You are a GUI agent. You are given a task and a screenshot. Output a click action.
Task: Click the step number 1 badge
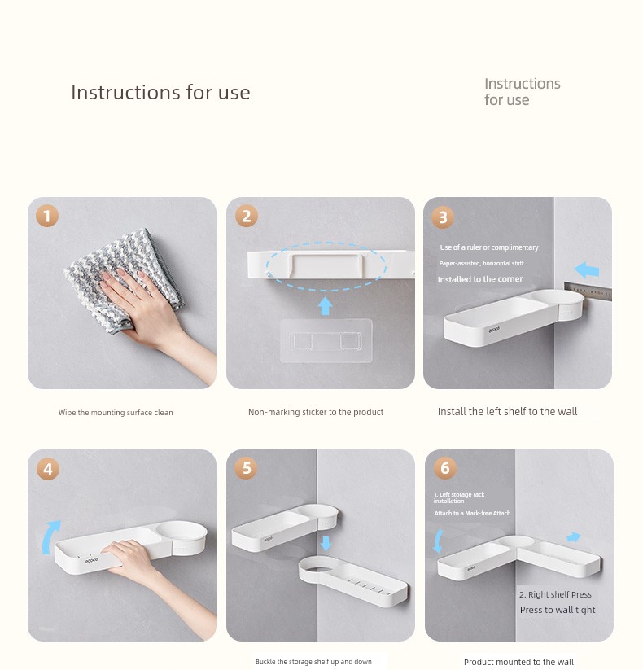tap(47, 216)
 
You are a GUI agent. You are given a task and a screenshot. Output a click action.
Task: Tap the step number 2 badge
tap(247, 216)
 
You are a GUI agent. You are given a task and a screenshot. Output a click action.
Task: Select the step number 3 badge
tap(443, 217)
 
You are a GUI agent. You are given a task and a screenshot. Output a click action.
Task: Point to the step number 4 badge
tap(48, 469)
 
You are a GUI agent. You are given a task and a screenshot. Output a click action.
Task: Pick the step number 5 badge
tap(246, 468)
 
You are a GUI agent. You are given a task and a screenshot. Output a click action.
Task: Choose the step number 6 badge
tap(444, 467)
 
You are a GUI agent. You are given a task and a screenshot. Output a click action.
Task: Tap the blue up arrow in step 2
tap(326, 306)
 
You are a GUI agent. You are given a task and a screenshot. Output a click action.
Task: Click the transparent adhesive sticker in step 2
tap(326, 340)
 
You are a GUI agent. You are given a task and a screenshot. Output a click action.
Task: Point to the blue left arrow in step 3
tap(587, 270)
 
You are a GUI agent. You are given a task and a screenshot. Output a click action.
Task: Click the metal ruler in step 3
tap(588, 291)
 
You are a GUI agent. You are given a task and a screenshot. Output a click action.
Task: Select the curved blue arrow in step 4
tap(49, 537)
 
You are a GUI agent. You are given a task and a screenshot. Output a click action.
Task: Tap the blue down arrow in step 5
tap(326, 543)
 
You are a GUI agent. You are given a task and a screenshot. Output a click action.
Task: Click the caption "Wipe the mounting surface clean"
tap(116, 413)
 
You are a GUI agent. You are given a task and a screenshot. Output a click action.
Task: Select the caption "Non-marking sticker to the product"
tap(316, 412)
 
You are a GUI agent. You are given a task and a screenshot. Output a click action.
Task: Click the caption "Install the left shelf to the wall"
tap(507, 411)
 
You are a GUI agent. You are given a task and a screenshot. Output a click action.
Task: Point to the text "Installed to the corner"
tap(479, 279)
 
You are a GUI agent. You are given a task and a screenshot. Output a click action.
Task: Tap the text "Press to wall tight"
tap(558, 610)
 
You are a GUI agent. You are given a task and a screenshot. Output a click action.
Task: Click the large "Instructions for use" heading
tap(160, 92)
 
